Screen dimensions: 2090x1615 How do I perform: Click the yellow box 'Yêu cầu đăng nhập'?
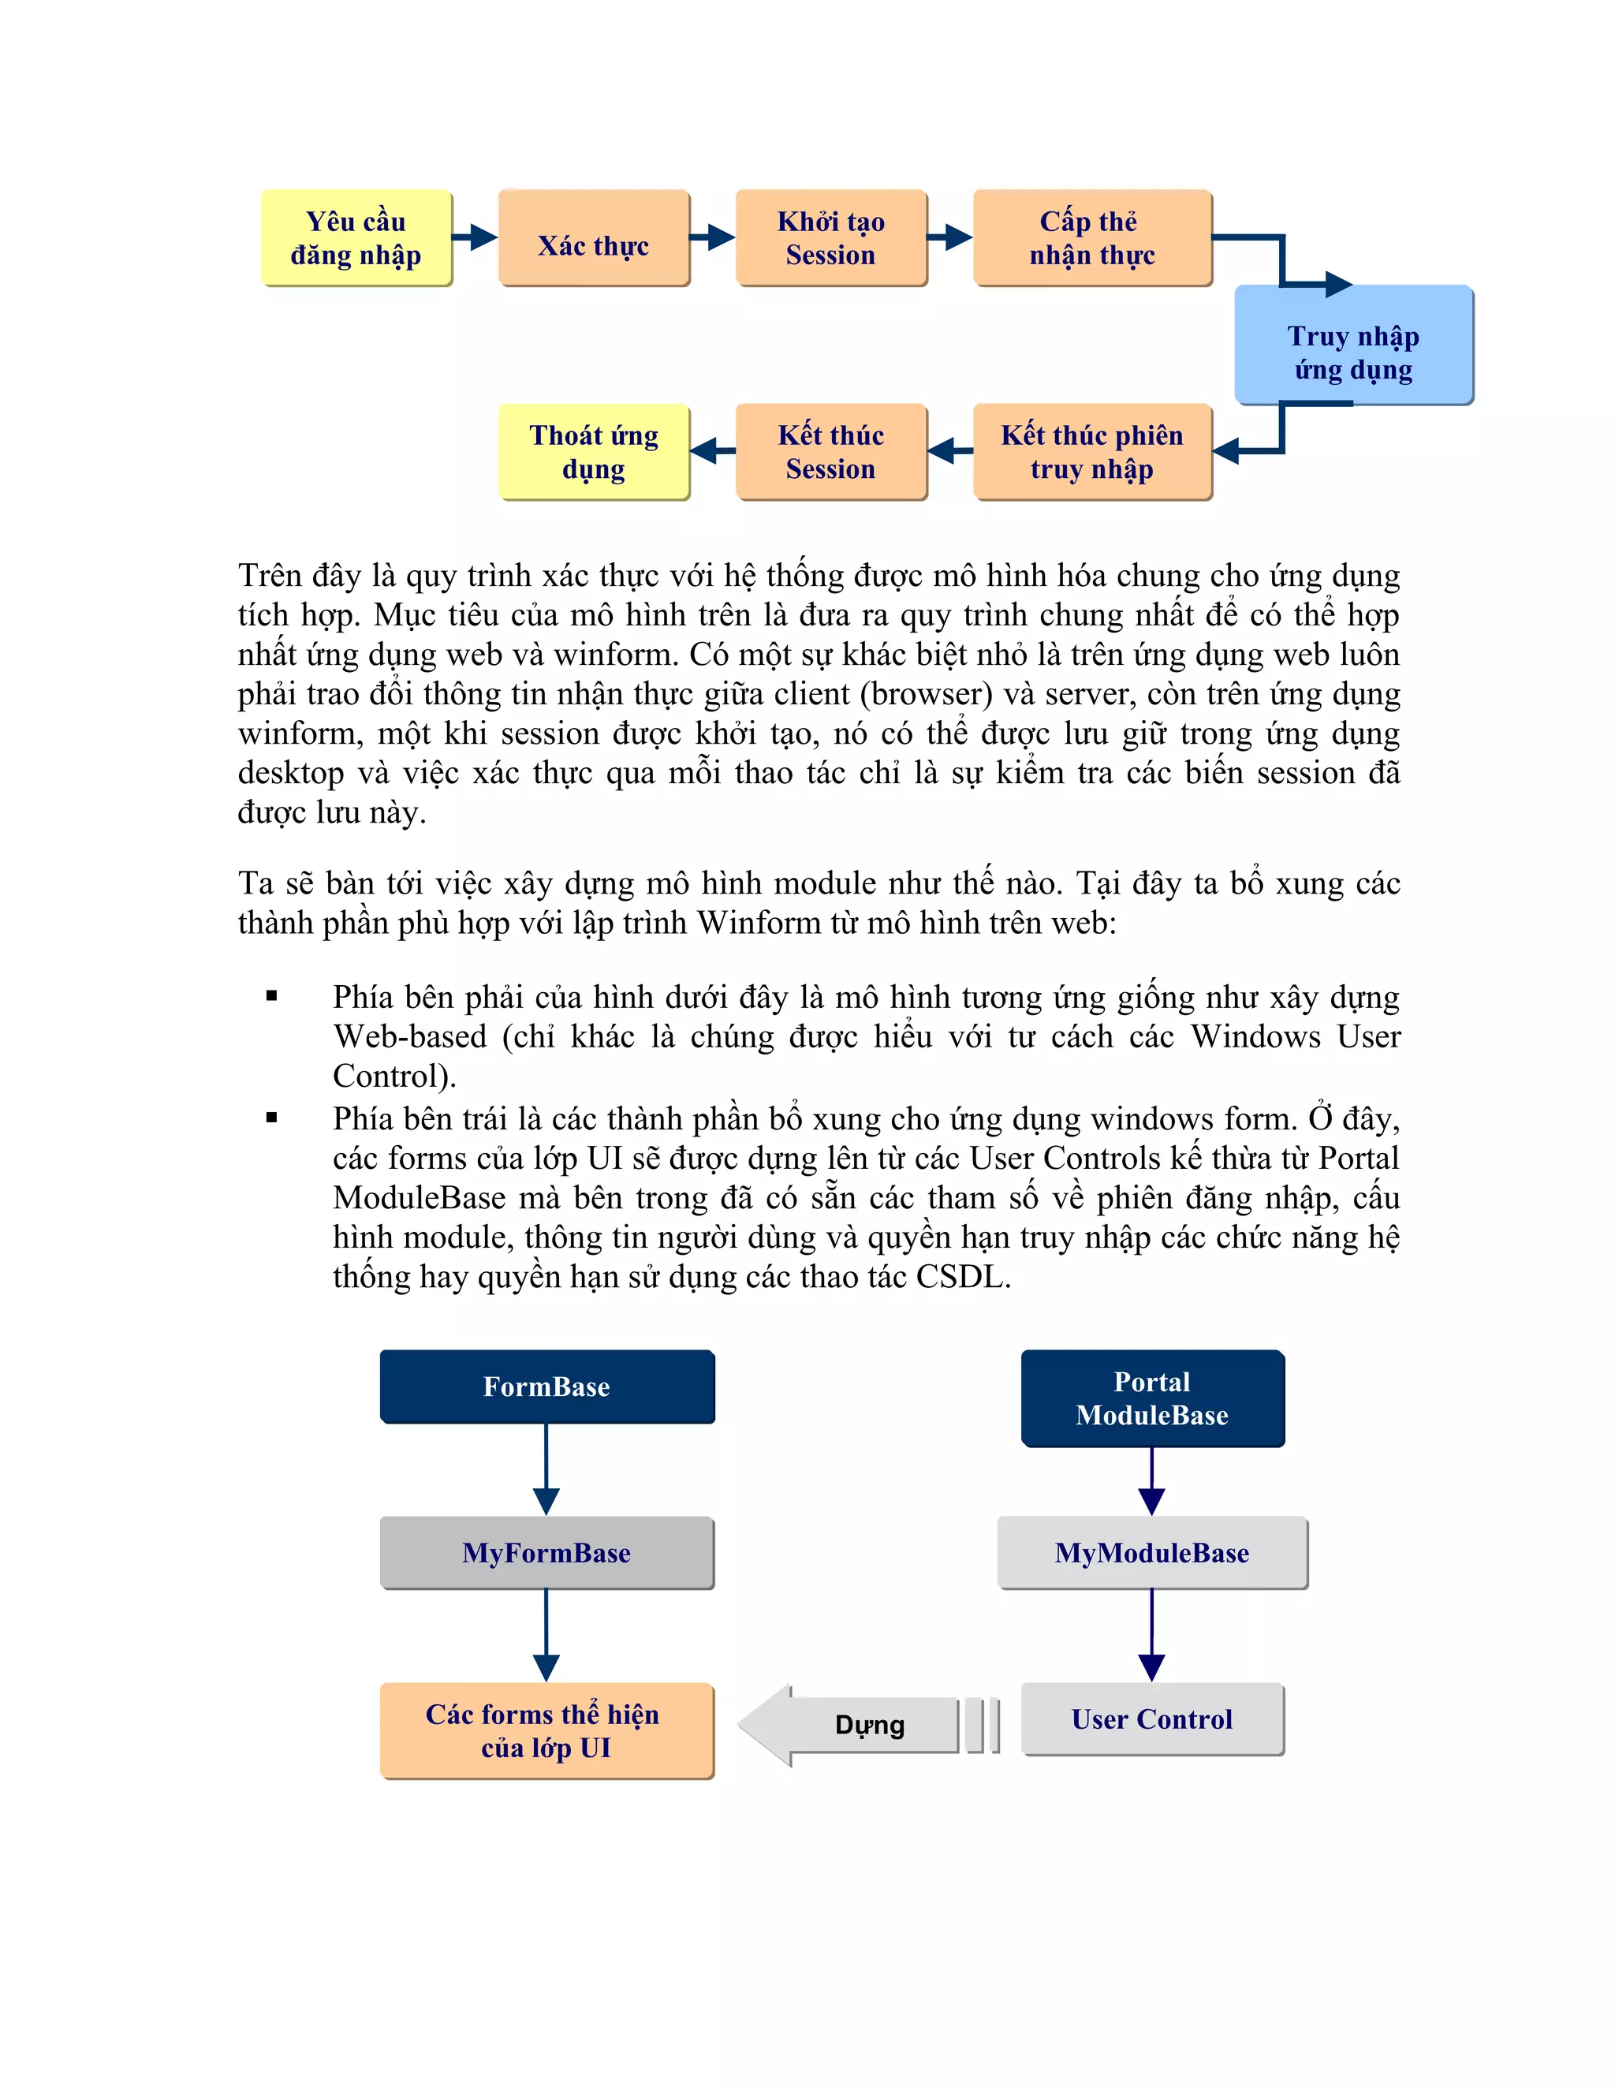pyautogui.click(x=356, y=237)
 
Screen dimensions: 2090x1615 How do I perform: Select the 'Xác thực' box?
pyautogui.click(x=593, y=237)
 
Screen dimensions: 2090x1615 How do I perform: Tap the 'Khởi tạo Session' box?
pyautogui.click(x=830, y=237)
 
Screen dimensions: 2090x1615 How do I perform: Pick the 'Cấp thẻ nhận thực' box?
pyautogui.click(x=1091, y=237)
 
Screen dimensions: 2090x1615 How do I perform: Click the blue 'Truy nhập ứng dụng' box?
pyautogui.click(x=1353, y=345)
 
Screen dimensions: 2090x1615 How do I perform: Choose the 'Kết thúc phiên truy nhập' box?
pyautogui.click(x=1091, y=452)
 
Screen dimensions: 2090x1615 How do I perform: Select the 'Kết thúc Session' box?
pyautogui.click(x=830, y=452)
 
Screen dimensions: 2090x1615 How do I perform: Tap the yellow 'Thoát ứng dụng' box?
pyautogui.click(x=593, y=452)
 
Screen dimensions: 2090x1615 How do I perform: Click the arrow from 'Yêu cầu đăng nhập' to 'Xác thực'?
pyautogui.click(x=475, y=237)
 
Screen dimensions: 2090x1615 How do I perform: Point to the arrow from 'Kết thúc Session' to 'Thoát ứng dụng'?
pyautogui.click(x=712, y=450)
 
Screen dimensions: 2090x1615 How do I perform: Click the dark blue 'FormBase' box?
pyautogui.click(x=546, y=1386)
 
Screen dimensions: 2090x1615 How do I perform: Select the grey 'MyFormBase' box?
pyautogui.click(x=546, y=1552)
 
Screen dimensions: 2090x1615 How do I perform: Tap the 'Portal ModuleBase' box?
pyautogui.click(x=1152, y=1398)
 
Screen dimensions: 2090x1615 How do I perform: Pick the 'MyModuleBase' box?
pyautogui.click(x=1152, y=1552)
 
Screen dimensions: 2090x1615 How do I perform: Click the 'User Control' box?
pyautogui.click(x=1152, y=1719)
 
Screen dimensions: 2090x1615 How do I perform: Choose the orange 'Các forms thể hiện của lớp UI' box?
pyautogui.click(x=546, y=1730)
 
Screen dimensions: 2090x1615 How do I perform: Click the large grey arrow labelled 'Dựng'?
pyautogui.click(x=861, y=1724)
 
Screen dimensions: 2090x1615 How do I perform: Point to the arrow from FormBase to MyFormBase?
pyautogui.click(x=546, y=1469)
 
